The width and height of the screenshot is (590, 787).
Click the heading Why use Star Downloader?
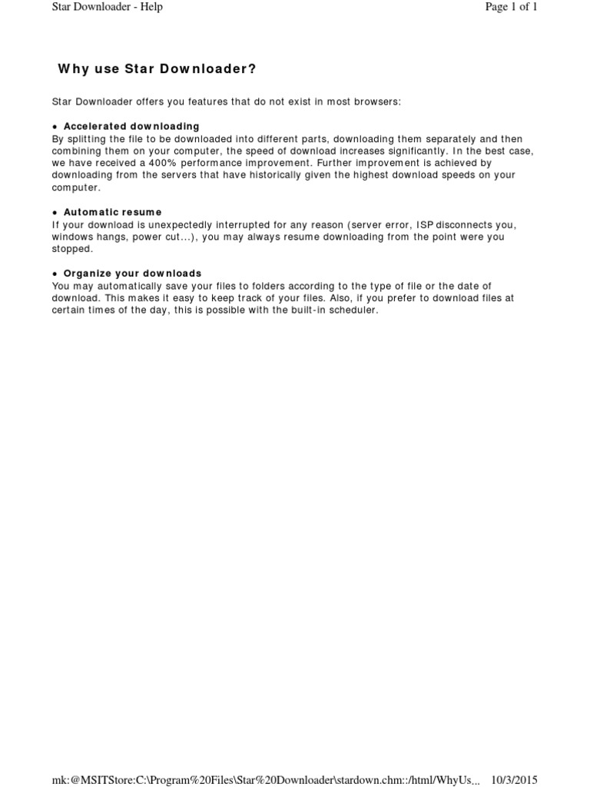(x=157, y=69)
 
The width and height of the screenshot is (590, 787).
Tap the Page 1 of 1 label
(x=510, y=8)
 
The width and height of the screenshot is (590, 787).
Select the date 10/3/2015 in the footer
(x=514, y=779)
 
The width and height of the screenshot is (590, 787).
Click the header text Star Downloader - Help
(x=107, y=8)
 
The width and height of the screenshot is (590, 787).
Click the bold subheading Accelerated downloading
(x=131, y=126)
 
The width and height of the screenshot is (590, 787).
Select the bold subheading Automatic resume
(x=112, y=212)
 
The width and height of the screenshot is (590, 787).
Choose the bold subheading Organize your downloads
(x=132, y=274)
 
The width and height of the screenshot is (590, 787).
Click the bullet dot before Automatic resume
(x=55, y=212)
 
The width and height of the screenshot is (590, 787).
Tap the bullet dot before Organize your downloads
(x=55, y=274)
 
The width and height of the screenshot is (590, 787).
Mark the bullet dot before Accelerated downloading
(x=55, y=126)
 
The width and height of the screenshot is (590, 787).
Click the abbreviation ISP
(x=425, y=224)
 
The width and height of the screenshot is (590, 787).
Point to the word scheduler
(x=353, y=310)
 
